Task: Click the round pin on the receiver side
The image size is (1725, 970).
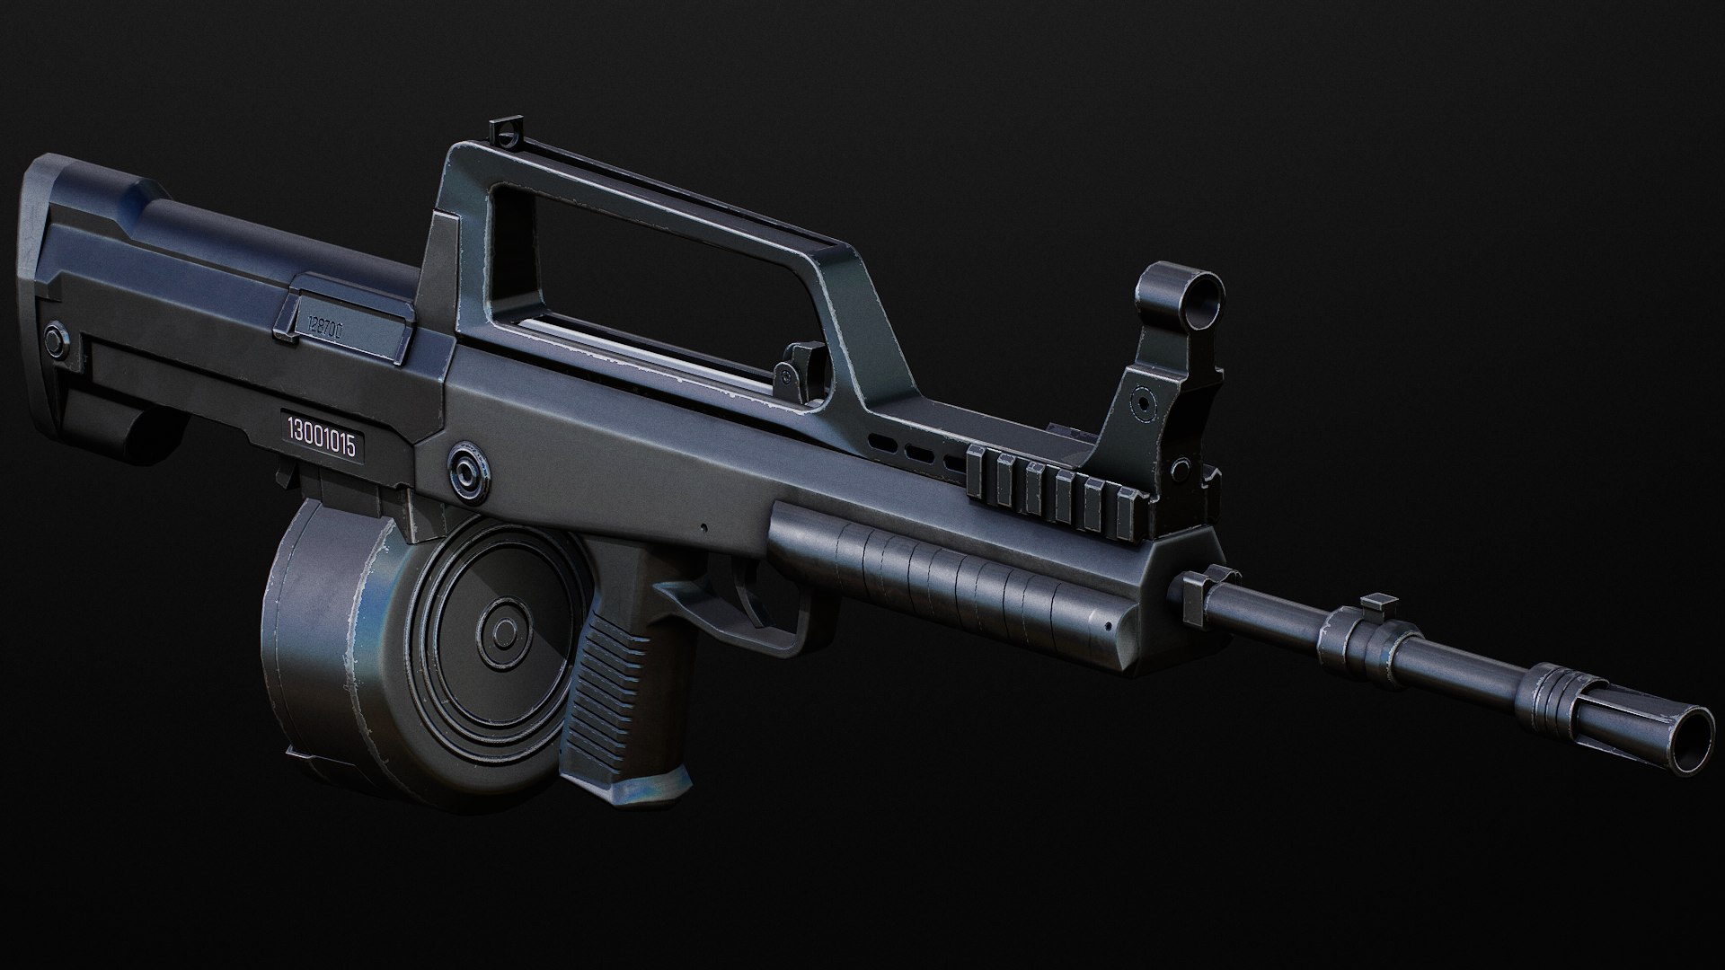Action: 467,469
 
